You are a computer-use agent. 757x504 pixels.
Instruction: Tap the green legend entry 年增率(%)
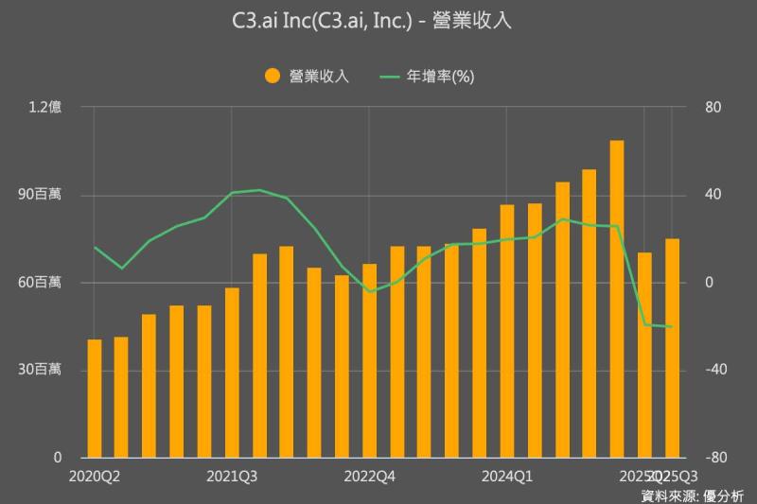click(426, 77)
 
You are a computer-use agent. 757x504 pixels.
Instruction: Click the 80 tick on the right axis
click(713, 108)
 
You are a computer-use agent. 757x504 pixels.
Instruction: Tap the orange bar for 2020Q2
click(95, 398)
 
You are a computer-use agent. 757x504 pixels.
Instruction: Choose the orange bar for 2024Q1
click(507, 331)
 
